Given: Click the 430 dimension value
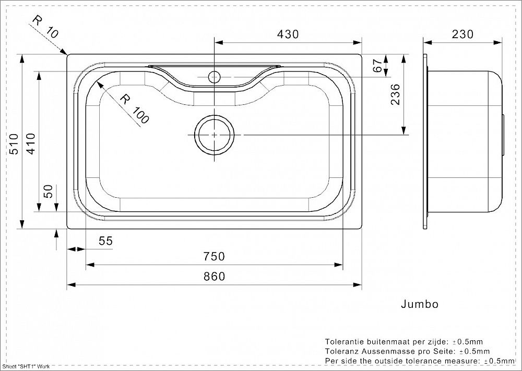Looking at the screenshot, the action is pyautogui.click(x=288, y=34).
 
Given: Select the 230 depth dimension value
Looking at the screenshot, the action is pyautogui.click(x=462, y=34).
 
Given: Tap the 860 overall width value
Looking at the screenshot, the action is pyautogui.click(x=215, y=276).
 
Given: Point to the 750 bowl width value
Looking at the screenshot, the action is pyautogui.click(x=215, y=256).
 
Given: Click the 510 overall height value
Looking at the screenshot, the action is pyautogui.click(x=14, y=143).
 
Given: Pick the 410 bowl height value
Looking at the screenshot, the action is pyautogui.click(x=31, y=143).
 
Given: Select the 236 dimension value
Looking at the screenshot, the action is pyautogui.click(x=395, y=94).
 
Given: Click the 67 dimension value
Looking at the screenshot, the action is pyautogui.click(x=376, y=66).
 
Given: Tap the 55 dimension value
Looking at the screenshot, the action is pyautogui.click(x=106, y=241).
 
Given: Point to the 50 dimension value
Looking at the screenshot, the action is pyautogui.click(x=49, y=192).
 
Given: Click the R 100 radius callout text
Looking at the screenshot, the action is pyautogui.click(x=134, y=109).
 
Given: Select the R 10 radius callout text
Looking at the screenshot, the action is pyautogui.click(x=45, y=27).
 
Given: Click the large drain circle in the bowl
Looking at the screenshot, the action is pyautogui.click(x=215, y=135).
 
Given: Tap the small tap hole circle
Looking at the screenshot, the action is pyautogui.click(x=215, y=77).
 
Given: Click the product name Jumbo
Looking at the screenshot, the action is pyautogui.click(x=420, y=304).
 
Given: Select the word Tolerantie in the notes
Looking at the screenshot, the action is pyautogui.click(x=344, y=341).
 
